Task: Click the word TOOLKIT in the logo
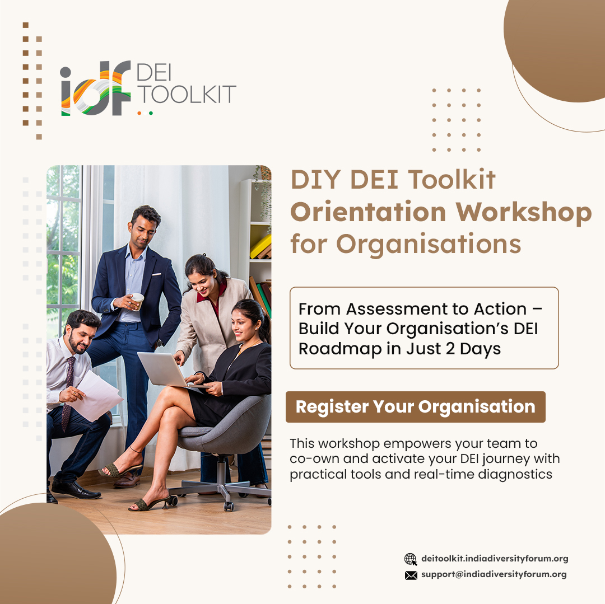point(187,95)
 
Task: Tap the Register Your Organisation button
point(415,407)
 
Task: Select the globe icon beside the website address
point(411,559)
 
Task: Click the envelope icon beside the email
point(411,575)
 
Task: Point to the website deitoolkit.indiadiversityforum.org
point(495,559)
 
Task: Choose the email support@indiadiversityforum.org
point(494,574)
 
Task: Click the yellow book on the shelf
point(261,246)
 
